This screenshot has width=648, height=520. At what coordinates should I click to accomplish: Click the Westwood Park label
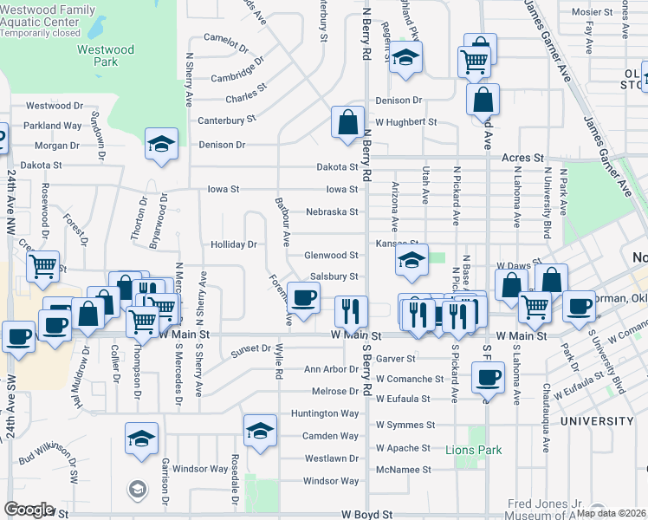(106, 56)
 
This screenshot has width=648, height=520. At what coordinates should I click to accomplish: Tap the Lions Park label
(473, 450)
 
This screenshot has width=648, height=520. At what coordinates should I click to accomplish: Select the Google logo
(29, 510)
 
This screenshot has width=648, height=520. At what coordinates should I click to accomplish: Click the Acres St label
(522, 159)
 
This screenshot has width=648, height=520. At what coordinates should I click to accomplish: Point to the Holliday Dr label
(234, 244)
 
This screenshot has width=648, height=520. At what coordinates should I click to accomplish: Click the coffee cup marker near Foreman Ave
(303, 297)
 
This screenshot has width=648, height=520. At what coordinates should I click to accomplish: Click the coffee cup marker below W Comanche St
(489, 376)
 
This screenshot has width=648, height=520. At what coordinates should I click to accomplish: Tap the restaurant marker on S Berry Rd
(351, 310)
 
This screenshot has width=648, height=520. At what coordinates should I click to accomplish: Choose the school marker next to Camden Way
(260, 430)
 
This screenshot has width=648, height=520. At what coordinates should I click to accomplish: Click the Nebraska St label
(332, 211)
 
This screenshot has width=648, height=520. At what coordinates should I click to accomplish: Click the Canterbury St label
(227, 120)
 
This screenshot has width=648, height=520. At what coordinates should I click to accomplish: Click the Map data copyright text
(611, 513)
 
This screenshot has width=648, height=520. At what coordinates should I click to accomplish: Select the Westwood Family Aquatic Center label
(48, 20)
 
